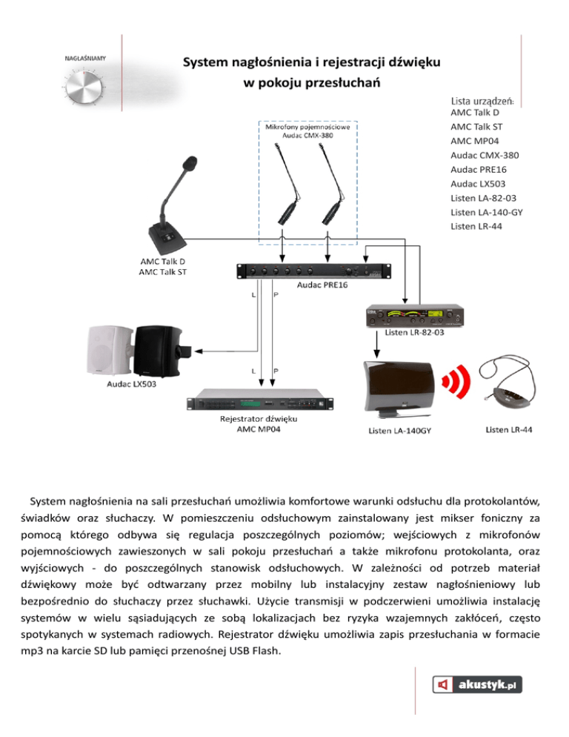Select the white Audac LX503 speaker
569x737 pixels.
pyautogui.click(x=111, y=349)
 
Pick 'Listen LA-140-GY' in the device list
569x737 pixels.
pyautogui.click(x=488, y=212)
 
